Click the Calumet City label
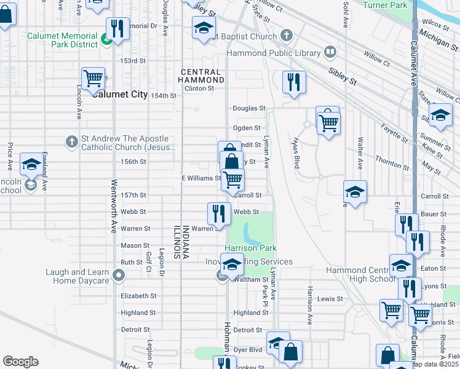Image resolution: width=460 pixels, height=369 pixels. point(120,94)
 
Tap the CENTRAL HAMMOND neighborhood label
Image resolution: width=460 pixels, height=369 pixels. point(202,76)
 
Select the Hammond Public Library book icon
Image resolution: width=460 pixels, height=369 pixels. point(330,52)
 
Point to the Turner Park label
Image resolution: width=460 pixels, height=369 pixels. point(385,5)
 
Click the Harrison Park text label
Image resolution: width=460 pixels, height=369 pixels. point(250,248)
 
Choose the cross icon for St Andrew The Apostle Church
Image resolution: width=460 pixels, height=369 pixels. point(72,142)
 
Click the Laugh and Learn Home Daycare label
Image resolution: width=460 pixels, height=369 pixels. point(77,276)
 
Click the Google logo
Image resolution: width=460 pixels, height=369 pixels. point(21,361)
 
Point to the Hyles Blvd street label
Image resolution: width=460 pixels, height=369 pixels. point(295,153)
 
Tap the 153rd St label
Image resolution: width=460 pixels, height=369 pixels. point(133,61)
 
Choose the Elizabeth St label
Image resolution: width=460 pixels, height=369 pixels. point(138,296)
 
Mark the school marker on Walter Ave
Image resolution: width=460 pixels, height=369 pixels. point(355,192)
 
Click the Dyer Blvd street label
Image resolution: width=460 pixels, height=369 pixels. point(248,349)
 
